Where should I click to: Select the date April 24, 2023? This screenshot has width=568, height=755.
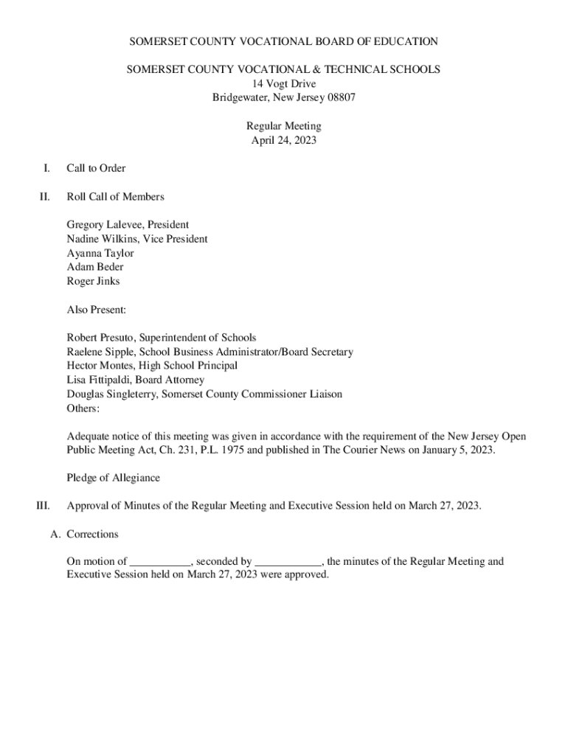[284, 141]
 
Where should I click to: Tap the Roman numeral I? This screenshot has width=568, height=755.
[46, 168]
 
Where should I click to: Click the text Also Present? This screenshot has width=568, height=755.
[97, 310]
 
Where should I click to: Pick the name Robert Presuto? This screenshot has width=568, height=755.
[101, 338]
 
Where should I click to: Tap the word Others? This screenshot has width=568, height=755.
[83, 408]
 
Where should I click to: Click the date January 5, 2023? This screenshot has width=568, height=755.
[453, 450]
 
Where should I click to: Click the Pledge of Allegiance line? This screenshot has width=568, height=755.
[113, 478]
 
